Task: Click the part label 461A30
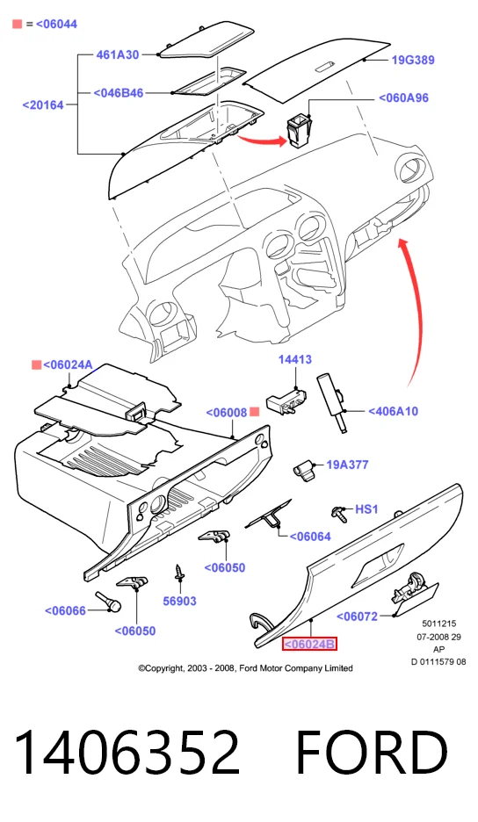coord(117,54)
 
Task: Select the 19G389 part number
coord(413,60)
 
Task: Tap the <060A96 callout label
coord(403,98)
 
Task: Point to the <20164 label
coord(43,105)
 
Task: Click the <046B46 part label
coord(119,93)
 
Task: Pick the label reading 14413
coord(295,360)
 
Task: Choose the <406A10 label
coord(393,412)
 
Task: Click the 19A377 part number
coord(347,465)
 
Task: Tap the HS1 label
coord(366,509)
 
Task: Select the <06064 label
coord(310,537)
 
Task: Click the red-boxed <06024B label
coord(309,644)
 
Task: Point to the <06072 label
coord(357,616)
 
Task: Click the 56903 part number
coord(179,602)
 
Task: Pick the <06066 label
coord(65,610)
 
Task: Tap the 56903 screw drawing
coord(179,572)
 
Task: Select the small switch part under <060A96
coord(298,132)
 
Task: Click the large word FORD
coord(372,753)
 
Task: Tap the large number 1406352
coord(127,753)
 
